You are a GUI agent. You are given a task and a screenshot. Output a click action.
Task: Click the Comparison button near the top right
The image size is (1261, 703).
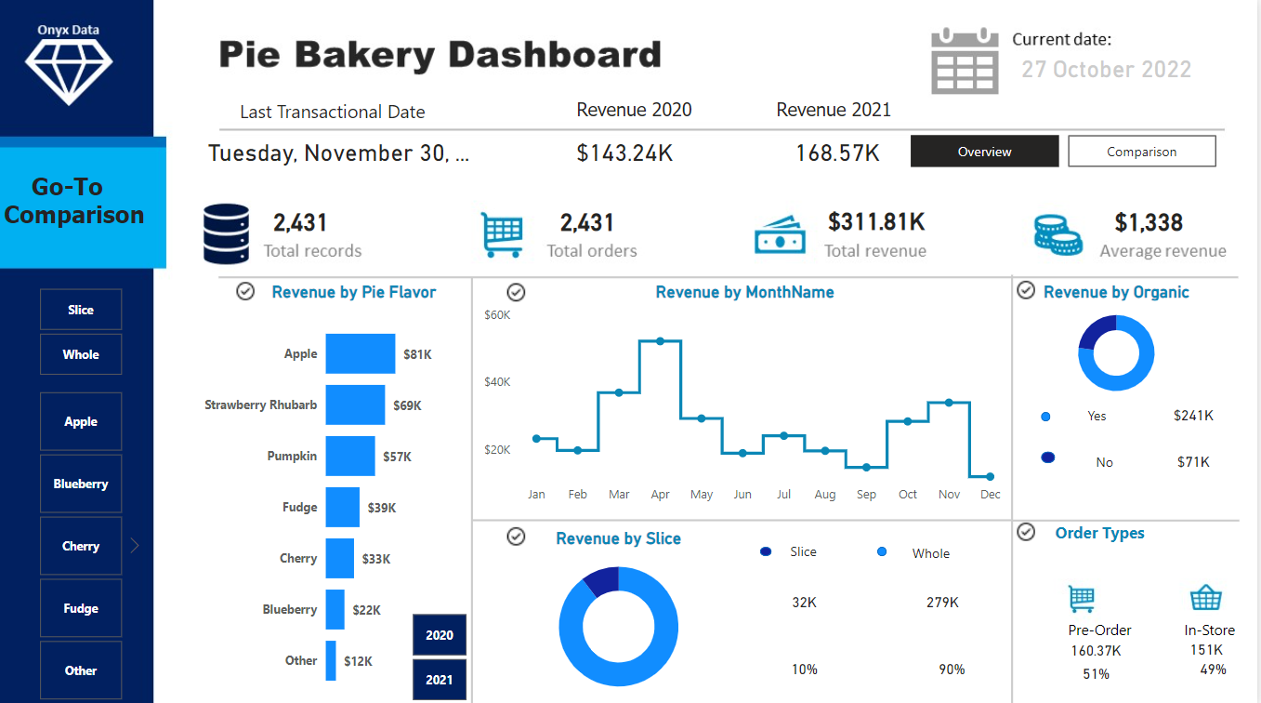pos(1141,152)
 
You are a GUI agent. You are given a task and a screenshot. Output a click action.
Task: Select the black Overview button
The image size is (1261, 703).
pos(984,152)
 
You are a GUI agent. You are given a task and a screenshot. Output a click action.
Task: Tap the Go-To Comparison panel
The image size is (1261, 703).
pos(82,202)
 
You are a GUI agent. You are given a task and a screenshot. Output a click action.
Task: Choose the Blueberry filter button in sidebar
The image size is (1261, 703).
pos(81,484)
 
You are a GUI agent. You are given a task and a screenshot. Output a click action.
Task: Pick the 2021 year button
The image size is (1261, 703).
pos(440,680)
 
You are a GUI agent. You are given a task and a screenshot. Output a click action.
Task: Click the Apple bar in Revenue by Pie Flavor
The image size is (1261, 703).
pos(360,354)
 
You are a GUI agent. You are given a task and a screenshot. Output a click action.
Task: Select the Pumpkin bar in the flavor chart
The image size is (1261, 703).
pos(350,457)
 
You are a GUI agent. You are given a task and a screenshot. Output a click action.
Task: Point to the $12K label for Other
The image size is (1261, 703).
pos(358,661)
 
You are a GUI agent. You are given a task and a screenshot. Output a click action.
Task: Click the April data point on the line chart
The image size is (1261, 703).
pos(660,341)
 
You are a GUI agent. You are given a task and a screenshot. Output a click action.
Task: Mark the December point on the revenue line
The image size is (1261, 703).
pos(990,476)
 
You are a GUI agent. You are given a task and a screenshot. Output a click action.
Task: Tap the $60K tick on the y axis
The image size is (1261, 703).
pos(497,315)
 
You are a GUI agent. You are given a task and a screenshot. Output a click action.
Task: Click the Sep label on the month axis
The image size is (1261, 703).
pos(866,495)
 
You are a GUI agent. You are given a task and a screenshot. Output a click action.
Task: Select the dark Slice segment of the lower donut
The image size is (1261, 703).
pos(602,579)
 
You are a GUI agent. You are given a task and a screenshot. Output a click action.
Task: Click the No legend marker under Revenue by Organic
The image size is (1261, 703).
pos(1048,458)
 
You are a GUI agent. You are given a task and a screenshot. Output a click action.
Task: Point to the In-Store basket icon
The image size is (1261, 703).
pos(1205,598)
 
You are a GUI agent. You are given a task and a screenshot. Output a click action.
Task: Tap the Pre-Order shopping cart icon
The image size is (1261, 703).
pos(1082,599)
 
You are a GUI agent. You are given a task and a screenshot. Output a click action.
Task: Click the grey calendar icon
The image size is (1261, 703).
pos(965,61)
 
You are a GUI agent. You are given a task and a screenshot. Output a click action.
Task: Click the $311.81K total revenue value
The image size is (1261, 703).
pos(875,222)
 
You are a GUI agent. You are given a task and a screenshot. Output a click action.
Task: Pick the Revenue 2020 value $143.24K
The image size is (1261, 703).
pos(624,153)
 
